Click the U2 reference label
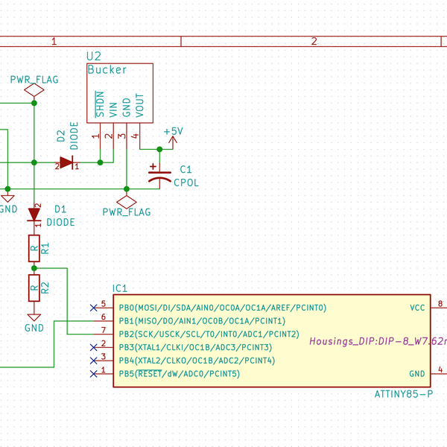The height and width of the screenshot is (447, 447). pyautogui.click(x=94, y=57)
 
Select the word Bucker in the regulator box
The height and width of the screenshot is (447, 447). pyautogui.click(x=107, y=70)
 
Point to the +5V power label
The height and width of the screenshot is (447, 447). pyautogui.click(x=173, y=131)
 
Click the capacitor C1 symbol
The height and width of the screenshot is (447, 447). pyautogui.click(x=159, y=175)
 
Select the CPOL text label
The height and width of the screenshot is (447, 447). pyautogui.click(x=186, y=182)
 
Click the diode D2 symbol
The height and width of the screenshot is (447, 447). pyautogui.click(x=67, y=162)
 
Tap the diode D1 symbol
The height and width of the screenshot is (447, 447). pyautogui.click(x=34, y=215)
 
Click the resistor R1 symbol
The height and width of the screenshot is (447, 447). pyautogui.click(x=34, y=248)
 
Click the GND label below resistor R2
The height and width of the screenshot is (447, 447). pyautogui.click(x=34, y=327)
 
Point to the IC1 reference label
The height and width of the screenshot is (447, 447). pyautogui.click(x=120, y=288)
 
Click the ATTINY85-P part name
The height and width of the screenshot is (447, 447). pyautogui.click(x=403, y=393)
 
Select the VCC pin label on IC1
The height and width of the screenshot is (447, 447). pyautogui.click(x=418, y=307)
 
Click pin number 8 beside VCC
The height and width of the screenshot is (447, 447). pyautogui.click(x=440, y=303)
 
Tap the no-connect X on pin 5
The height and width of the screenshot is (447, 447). pyautogui.click(x=93, y=306)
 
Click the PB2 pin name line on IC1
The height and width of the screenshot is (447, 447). pyautogui.click(x=209, y=334)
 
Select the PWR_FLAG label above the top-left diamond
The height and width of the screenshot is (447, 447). pyautogui.click(x=34, y=79)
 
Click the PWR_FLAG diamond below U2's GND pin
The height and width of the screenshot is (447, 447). pyautogui.click(x=127, y=201)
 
